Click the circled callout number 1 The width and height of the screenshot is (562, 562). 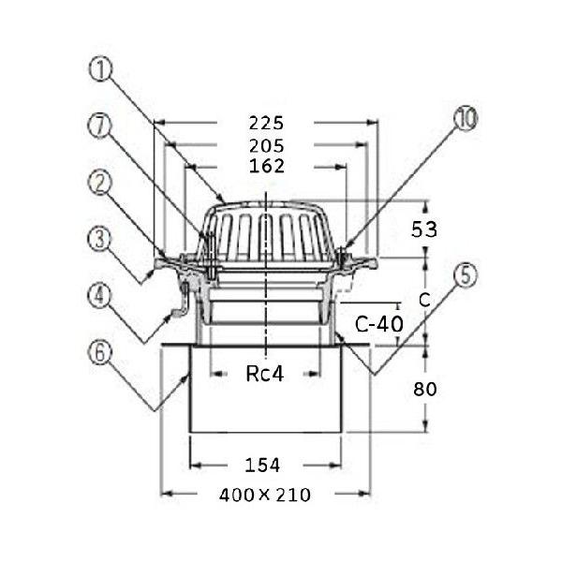click(x=101, y=70)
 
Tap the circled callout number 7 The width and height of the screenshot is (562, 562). click(x=100, y=126)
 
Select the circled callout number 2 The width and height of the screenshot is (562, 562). click(x=100, y=182)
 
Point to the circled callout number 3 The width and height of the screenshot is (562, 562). click(x=100, y=239)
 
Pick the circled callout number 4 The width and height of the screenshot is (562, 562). click(x=100, y=296)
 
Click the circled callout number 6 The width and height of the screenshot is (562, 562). click(x=100, y=352)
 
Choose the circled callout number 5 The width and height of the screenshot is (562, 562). click(x=466, y=275)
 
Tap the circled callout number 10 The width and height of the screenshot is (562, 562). click(x=466, y=119)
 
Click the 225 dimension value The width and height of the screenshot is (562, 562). click(x=266, y=124)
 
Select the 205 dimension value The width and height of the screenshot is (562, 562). click(x=267, y=146)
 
